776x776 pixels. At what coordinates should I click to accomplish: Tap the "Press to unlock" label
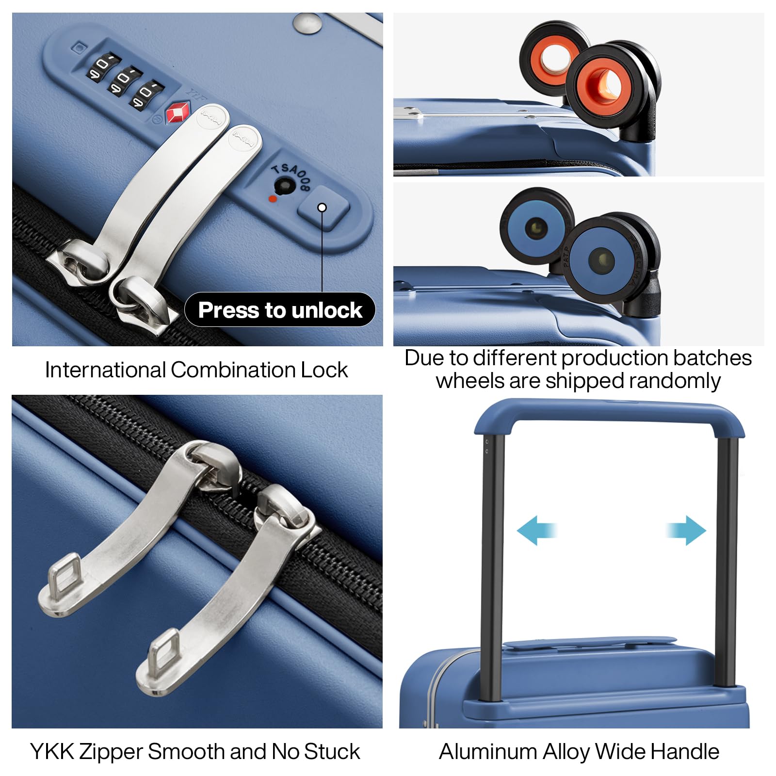[280, 310]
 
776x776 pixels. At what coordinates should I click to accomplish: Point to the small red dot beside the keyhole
[273, 198]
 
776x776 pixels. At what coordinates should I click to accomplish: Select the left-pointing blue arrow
[536, 530]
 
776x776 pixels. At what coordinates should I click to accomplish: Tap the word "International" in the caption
[105, 370]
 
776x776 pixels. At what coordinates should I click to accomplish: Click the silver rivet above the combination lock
[307, 23]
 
